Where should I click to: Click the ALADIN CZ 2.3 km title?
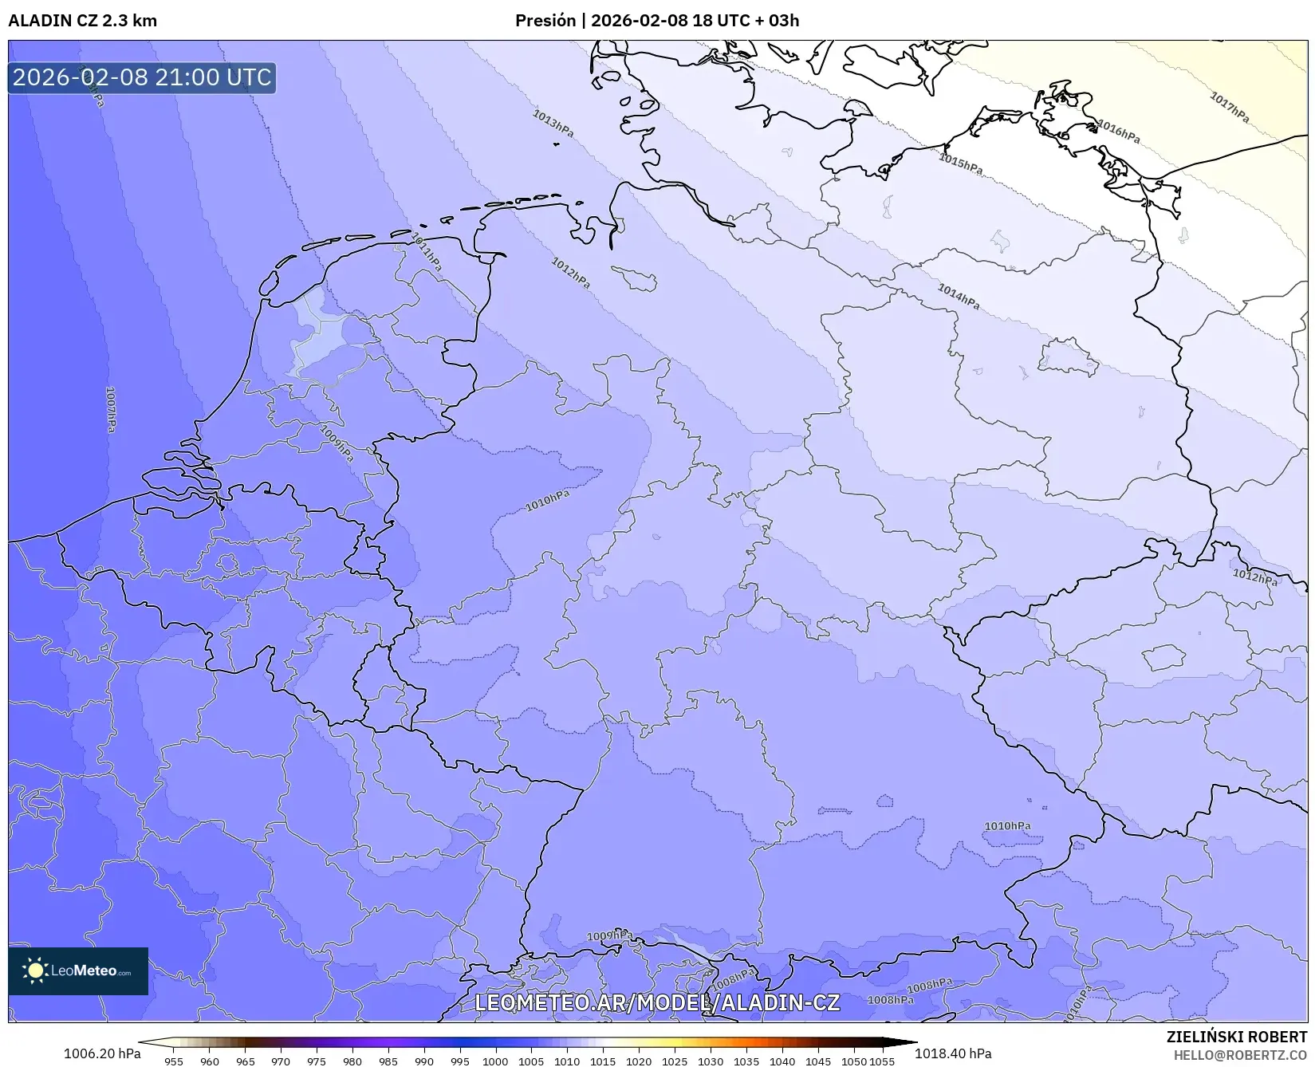click(83, 21)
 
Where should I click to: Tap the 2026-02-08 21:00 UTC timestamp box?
click(142, 77)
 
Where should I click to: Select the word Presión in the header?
click(545, 21)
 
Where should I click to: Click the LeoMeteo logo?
click(78, 971)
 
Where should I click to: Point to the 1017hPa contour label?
click(1229, 108)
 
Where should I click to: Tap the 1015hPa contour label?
click(960, 163)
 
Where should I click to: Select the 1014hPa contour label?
click(958, 297)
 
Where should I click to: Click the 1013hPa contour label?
click(553, 124)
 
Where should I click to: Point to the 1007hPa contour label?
click(111, 409)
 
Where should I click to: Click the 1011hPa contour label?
click(426, 252)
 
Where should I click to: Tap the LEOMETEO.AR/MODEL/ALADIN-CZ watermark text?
click(657, 1002)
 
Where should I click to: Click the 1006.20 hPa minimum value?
click(100, 1053)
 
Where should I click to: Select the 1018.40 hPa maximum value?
click(953, 1053)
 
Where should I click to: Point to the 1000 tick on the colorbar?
click(494, 1061)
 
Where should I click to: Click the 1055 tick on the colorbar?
click(881, 1061)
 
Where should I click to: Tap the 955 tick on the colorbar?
click(173, 1061)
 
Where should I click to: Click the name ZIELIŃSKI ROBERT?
click(1237, 1037)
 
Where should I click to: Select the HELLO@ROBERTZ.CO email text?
click(1240, 1055)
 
